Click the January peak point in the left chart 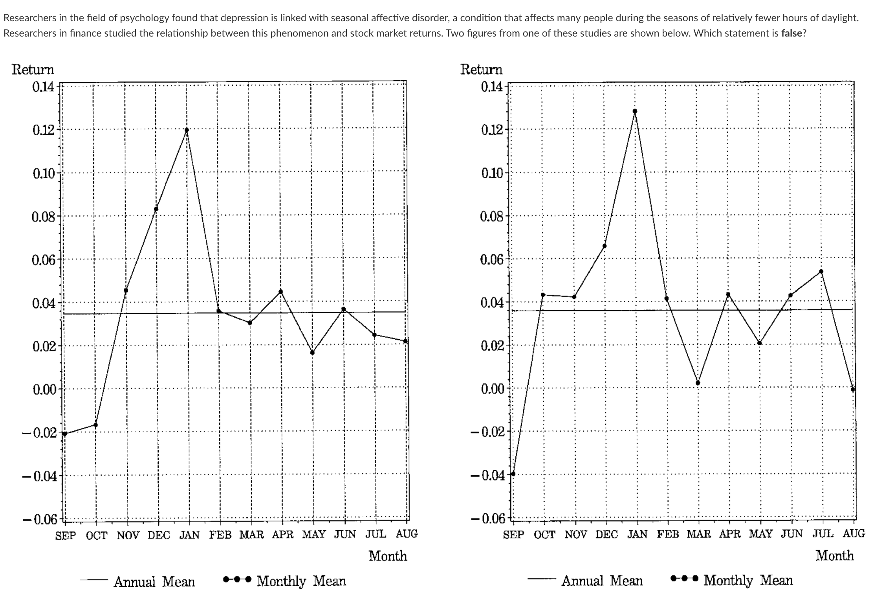[x=187, y=130]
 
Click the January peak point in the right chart [x=635, y=111]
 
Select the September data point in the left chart [x=65, y=434]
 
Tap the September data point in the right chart [x=513, y=474]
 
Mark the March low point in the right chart [x=698, y=383]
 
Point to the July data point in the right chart [x=821, y=272]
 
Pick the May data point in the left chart [x=313, y=353]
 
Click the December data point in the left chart [x=156, y=209]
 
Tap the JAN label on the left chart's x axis [x=189, y=535]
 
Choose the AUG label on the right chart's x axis [x=854, y=534]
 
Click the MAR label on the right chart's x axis [x=699, y=534]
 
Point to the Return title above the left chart [x=33, y=70]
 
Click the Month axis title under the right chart [x=834, y=556]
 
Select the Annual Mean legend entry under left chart [x=154, y=581]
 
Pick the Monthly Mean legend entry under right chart [x=748, y=580]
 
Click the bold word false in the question [x=791, y=33]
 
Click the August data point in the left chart [x=405, y=341]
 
